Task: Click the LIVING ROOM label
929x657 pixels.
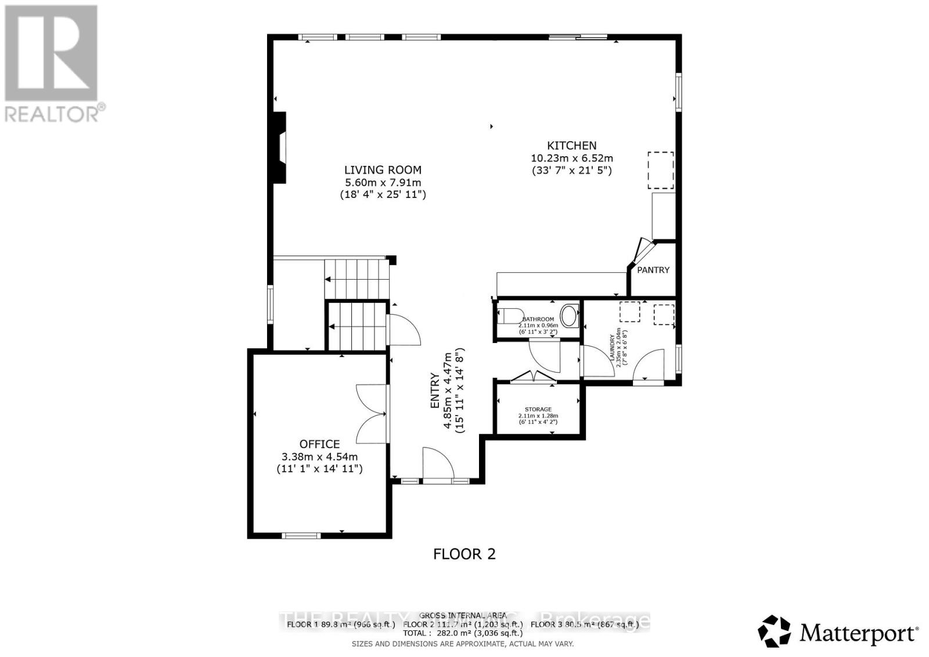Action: (383, 170)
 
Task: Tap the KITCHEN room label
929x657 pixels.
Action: (571, 146)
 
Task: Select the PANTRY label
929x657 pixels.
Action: (653, 270)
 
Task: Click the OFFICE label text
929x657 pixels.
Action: (319, 444)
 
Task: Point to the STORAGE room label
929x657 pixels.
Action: (538, 409)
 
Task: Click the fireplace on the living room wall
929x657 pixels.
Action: (280, 148)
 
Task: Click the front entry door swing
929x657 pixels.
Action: (437, 463)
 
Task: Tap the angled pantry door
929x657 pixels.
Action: (642, 250)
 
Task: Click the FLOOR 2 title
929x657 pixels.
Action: (464, 554)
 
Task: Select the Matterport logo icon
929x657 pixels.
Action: (774, 631)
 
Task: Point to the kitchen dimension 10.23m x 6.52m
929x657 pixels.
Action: (571, 158)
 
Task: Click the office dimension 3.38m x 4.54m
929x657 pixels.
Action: (319, 456)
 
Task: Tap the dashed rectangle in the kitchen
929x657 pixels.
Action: (661, 170)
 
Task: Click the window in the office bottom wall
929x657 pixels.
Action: (301, 535)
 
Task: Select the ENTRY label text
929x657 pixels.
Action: (435, 390)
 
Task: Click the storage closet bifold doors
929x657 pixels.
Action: (532, 377)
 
